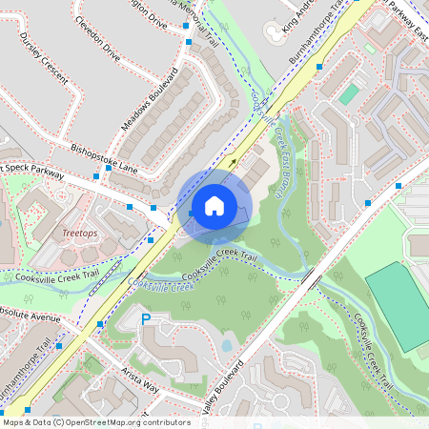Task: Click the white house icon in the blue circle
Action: [214, 205]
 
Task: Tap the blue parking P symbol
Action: [146, 320]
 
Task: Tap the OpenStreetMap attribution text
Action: [95, 421]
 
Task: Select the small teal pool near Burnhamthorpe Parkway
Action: [350, 93]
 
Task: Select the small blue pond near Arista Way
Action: [226, 345]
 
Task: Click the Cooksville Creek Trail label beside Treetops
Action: [51, 276]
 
